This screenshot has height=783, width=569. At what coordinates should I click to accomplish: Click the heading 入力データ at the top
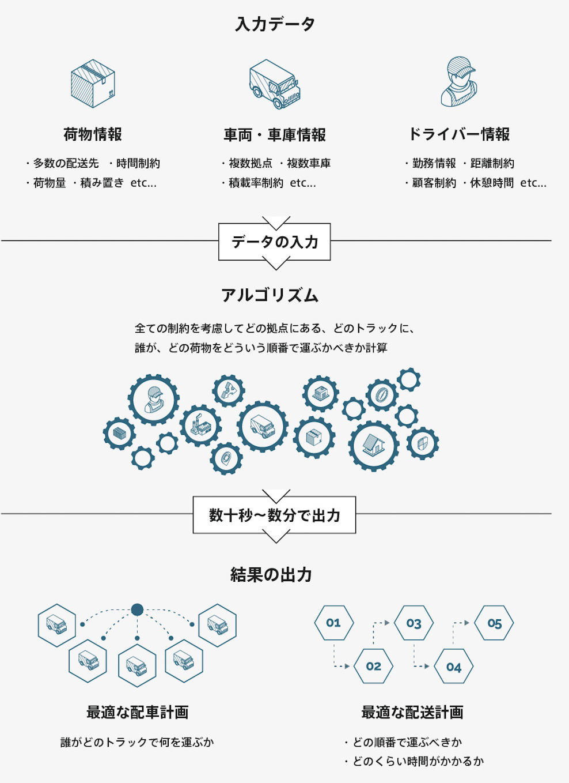pyautogui.click(x=275, y=24)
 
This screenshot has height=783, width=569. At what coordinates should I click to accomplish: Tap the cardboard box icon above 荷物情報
pyautogui.click(x=93, y=84)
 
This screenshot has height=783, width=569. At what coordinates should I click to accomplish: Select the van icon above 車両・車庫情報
pyautogui.click(x=275, y=84)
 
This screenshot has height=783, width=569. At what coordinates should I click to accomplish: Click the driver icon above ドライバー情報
pyautogui.click(x=459, y=82)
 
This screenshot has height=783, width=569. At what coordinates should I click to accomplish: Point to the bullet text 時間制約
pyautogui.click(x=138, y=164)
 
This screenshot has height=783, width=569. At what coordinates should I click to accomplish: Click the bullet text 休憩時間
pyautogui.click(x=491, y=183)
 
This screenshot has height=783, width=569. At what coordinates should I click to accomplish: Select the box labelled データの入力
pyautogui.click(x=275, y=242)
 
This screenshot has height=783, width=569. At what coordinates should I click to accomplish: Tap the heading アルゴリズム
pyautogui.click(x=270, y=295)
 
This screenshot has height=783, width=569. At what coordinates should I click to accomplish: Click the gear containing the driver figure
pyautogui.click(x=153, y=400)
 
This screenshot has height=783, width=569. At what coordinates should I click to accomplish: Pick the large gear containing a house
pyautogui.click(x=373, y=446)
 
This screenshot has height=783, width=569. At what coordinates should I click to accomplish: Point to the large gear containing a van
pyautogui.click(x=263, y=427)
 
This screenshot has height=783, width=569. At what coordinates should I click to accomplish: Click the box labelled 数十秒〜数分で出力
pyautogui.click(x=275, y=515)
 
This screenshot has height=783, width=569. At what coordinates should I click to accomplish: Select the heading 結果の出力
pyautogui.click(x=271, y=575)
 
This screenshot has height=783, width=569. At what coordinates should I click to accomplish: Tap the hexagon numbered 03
pyautogui.click(x=414, y=623)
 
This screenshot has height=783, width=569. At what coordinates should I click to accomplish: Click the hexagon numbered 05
pyautogui.click(x=494, y=623)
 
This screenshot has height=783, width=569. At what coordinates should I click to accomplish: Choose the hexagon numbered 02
pyautogui.click(x=373, y=667)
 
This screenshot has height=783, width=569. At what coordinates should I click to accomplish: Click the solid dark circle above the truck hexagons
pyautogui.click(x=137, y=609)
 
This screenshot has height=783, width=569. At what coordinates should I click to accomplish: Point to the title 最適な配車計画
pyautogui.click(x=137, y=713)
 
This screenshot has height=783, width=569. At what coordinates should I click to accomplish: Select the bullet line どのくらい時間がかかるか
pyautogui.click(x=418, y=762)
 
